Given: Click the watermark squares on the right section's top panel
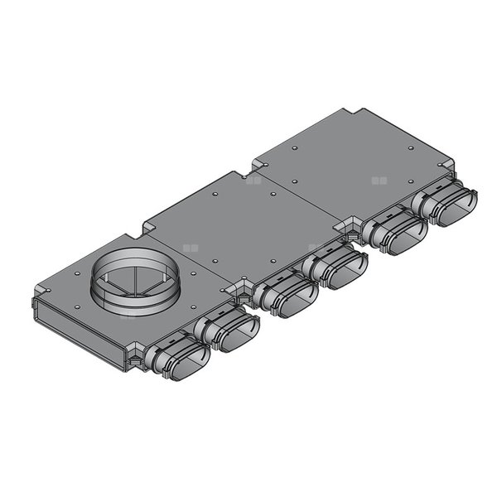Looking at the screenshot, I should tap(379, 179).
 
